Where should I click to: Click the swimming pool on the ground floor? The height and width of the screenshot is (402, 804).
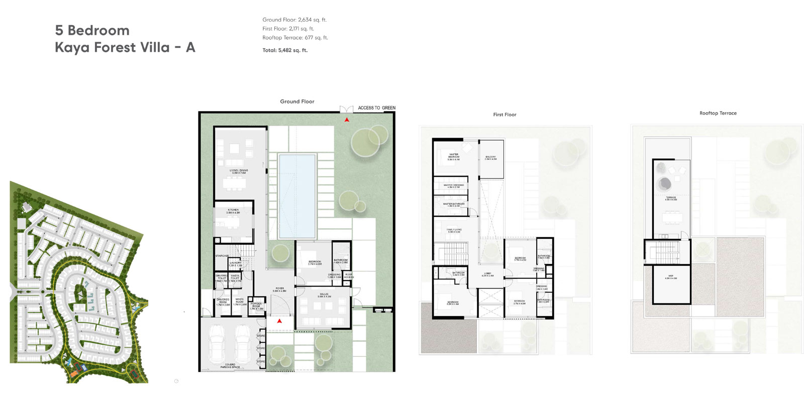point(297,196)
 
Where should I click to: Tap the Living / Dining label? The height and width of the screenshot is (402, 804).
point(239,171)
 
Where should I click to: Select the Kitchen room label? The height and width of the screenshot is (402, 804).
point(233,211)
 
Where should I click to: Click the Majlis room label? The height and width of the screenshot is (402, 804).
point(324,295)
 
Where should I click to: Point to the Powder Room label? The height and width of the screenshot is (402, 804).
point(256,306)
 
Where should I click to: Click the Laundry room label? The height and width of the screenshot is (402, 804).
point(235,264)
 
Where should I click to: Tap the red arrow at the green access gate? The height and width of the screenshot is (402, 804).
point(347,120)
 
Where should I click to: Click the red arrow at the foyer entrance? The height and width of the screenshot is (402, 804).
point(279,321)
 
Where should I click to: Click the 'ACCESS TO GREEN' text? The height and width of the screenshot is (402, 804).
point(376,108)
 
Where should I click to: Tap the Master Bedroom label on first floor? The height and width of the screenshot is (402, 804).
point(453,157)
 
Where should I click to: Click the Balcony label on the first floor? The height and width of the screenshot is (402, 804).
point(490,158)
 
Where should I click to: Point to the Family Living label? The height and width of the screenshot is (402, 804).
point(454,231)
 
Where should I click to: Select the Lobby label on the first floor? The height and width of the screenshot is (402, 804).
point(487,275)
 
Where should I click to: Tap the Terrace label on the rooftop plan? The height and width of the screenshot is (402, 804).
point(671,198)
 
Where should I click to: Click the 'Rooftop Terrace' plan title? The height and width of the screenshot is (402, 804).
point(718,113)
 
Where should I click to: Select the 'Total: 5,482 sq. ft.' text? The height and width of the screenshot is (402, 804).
point(285,50)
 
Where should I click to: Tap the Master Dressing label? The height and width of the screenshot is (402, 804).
point(453,186)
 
